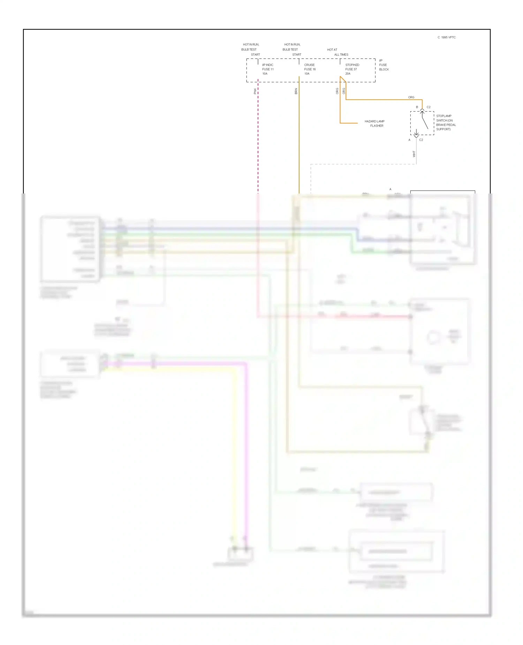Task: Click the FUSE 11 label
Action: (268, 69)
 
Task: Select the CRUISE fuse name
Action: (309, 65)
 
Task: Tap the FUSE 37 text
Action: (351, 69)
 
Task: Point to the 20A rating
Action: (348, 74)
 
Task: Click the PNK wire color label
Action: (255, 91)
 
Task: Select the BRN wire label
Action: (296, 91)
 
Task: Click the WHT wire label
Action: (414, 154)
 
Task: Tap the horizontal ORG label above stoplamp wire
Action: (411, 97)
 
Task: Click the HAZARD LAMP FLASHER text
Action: (374, 123)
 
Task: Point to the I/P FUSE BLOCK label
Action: (384, 65)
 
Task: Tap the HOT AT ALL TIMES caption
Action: (337, 52)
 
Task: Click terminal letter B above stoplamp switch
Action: (417, 107)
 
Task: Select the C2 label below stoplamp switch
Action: (421, 140)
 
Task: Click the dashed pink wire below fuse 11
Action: (258, 139)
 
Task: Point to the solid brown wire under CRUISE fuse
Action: (299, 139)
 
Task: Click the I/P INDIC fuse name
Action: (268, 65)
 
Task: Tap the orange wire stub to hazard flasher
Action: (349, 123)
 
